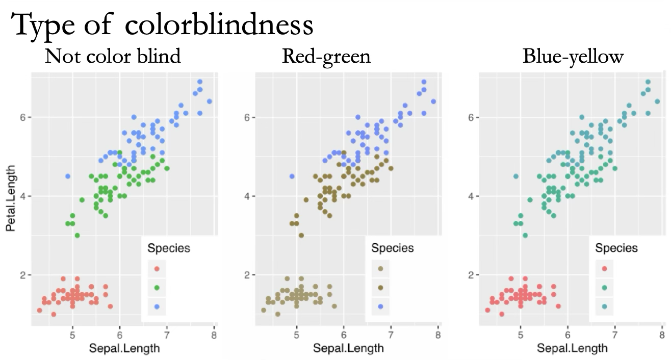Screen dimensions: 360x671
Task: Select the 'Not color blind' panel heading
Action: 113,56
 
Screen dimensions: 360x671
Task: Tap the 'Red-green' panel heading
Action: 326,56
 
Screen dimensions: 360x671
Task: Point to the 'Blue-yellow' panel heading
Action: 573,56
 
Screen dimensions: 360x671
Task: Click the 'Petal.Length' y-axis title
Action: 11,200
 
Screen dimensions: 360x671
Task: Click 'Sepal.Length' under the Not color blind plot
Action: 124,349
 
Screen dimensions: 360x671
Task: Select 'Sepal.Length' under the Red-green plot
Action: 348,349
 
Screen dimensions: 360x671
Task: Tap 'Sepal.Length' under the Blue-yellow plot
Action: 572,349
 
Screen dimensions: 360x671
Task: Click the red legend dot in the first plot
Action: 157,269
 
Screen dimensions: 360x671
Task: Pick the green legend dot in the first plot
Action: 157,288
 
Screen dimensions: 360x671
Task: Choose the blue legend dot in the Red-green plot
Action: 380,306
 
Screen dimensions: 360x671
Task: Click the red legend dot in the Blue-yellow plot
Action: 604,269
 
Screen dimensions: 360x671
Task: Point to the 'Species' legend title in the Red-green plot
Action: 392,248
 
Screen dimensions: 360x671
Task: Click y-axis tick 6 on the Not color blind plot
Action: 23,117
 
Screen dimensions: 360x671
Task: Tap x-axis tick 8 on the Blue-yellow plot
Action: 662,336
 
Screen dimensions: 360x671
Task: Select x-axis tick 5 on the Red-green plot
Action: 296,336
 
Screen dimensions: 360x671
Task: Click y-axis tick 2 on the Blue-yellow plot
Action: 471,275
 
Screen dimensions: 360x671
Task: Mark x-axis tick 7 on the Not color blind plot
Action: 167,336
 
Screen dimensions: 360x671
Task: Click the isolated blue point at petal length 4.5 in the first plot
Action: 68,176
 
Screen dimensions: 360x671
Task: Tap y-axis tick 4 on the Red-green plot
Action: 247,196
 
